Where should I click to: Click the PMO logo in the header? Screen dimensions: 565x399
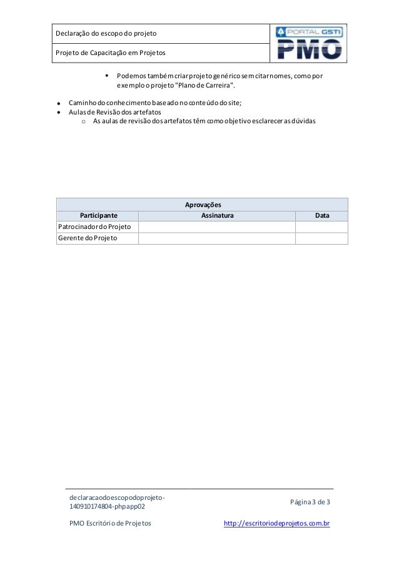coord(309,44)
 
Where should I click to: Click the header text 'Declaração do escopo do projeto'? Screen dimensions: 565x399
coord(106,33)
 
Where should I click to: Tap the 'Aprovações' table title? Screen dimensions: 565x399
coord(202,205)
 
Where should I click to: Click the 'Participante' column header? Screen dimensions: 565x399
coord(98,216)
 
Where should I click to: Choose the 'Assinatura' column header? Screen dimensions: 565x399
coord(217,216)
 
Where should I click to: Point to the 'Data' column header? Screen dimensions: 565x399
coord(321,216)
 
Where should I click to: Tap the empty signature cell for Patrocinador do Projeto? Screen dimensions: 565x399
coord(217,227)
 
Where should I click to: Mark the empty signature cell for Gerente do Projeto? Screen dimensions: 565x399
coord(217,238)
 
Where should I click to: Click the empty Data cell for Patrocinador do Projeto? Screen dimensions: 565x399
coord(321,227)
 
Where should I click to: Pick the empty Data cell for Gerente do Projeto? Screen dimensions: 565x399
coord(321,238)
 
